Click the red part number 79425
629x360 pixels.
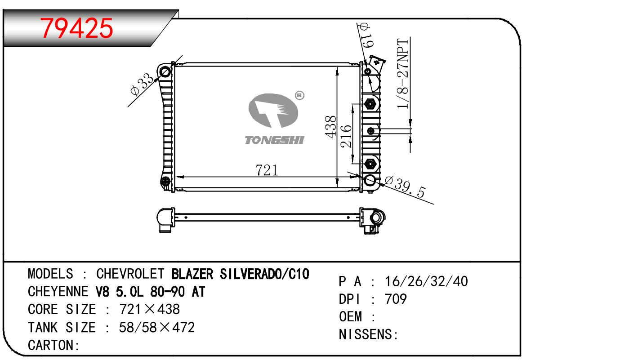tap(76, 28)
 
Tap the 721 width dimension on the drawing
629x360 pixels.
tap(267, 170)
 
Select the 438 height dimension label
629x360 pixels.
tap(331, 127)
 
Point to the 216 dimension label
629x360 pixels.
tap(346, 136)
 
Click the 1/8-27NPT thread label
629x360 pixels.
tap(402, 74)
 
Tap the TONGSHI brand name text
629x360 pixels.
tap(274, 140)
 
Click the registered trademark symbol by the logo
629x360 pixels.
tap(299, 95)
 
